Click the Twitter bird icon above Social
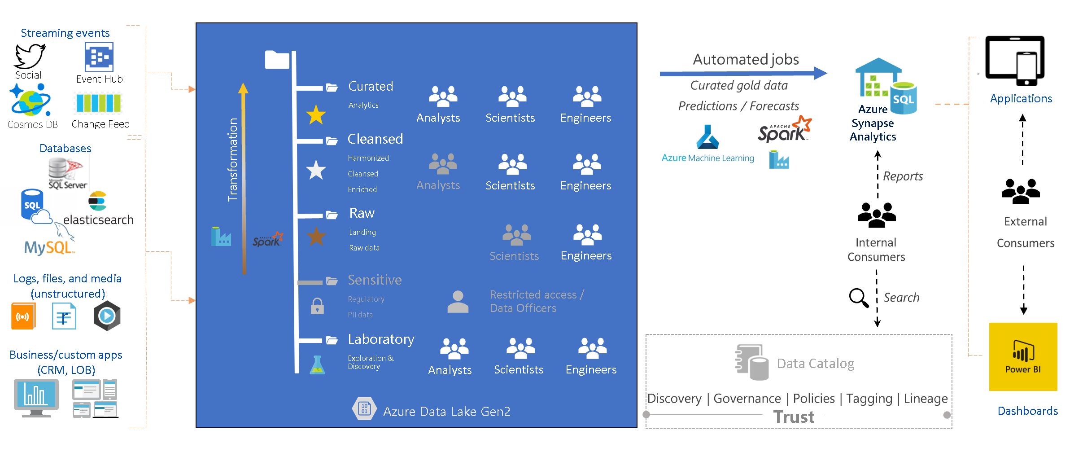(x=30, y=57)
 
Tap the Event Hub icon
(x=99, y=57)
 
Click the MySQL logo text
(x=48, y=247)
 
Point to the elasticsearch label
(x=98, y=220)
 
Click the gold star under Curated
(x=316, y=115)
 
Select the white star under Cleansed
(x=316, y=170)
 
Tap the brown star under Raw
(x=316, y=236)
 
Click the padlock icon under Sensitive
(x=317, y=306)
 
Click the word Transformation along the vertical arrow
(x=232, y=159)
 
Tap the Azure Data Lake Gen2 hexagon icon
(x=364, y=408)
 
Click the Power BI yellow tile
(x=1023, y=357)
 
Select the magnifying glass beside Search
(x=859, y=298)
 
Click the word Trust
(x=794, y=417)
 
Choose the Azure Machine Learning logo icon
(x=707, y=137)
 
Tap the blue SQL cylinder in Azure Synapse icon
(x=904, y=98)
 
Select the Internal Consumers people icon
(x=876, y=215)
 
